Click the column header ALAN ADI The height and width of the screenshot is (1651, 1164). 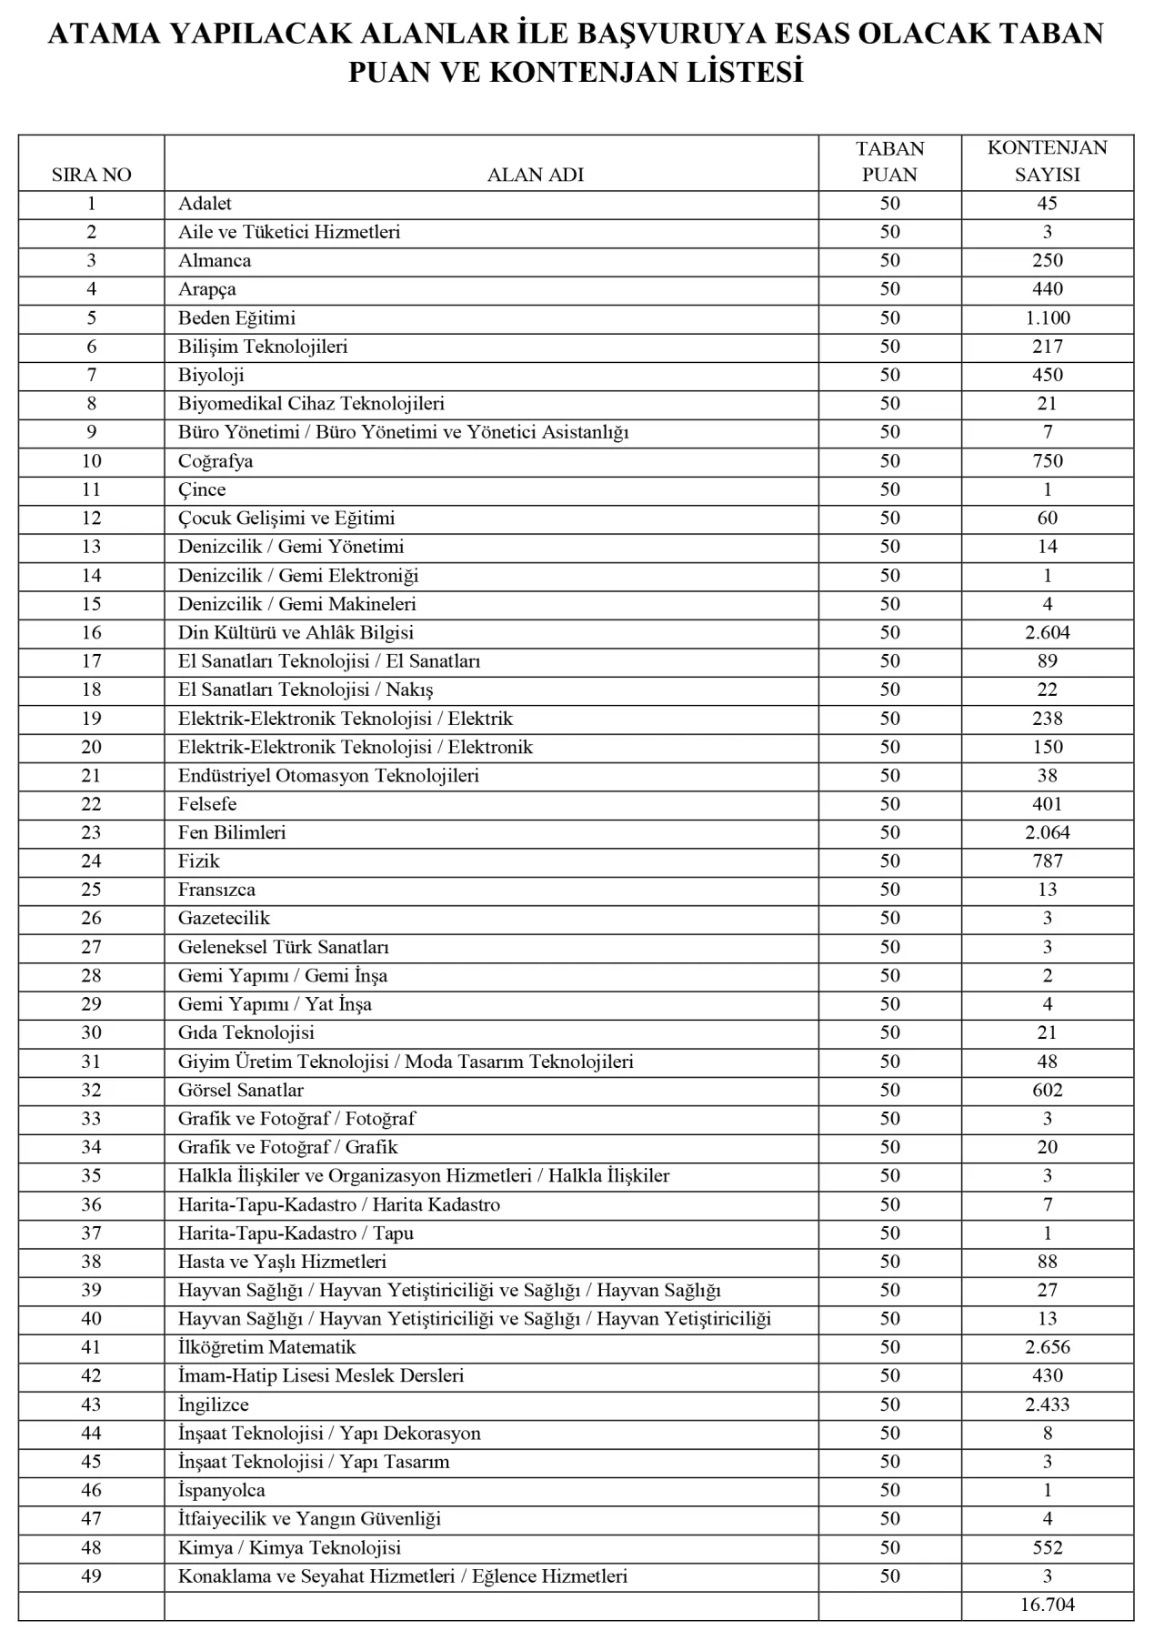coord(535,175)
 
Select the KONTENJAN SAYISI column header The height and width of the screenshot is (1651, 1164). coord(1047,161)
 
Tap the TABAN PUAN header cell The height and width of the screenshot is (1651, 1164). coord(889,161)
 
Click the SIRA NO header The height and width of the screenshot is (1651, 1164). coord(91,175)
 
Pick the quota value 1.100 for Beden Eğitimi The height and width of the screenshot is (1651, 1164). coord(1047,317)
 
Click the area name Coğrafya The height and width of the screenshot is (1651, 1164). coord(216,460)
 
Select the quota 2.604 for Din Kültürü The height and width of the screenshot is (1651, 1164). coord(1047,632)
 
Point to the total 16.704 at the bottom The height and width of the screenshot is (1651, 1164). coord(1047,1604)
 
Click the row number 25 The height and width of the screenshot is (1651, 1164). coord(91,889)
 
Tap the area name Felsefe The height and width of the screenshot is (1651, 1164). coord(207,803)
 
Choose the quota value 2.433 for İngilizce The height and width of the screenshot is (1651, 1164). coord(1047,1404)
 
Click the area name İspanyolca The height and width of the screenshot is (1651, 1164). coord(222,1490)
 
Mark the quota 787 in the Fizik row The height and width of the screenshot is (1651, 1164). coord(1047,861)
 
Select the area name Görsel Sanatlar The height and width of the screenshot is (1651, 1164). coord(241,1090)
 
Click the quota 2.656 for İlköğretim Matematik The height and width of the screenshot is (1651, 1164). coord(1047,1346)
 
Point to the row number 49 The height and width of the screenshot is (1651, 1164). coord(91,1575)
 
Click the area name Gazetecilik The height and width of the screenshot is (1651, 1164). coord(224,918)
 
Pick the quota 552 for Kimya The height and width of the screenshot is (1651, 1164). coord(1047,1547)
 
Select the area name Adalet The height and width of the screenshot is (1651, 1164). coord(205,203)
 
